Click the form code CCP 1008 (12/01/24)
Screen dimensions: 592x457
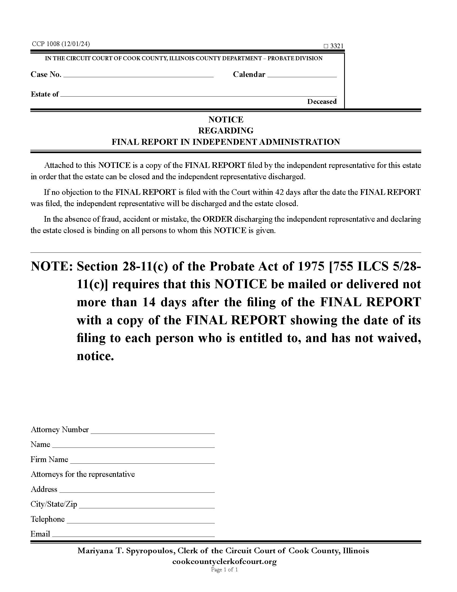click(x=61, y=44)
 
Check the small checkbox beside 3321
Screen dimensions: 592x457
click(x=326, y=46)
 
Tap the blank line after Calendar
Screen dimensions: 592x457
click(x=302, y=75)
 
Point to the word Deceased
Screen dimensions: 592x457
click(x=322, y=102)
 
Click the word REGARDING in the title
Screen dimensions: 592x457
click(x=226, y=131)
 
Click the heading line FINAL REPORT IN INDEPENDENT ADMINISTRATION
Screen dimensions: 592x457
click(x=226, y=142)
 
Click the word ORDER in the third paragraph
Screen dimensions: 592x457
click(x=217, y=219)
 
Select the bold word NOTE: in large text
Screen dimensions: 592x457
click(x=52, y=267)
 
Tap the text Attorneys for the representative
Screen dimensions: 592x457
click(x=83, y=474)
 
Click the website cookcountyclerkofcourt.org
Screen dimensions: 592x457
click(x=224, y=561)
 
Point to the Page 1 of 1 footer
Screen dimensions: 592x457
click(x=224, y=569)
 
